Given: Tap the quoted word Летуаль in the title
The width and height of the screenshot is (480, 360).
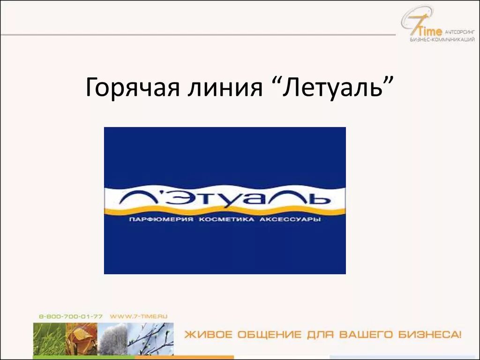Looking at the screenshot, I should (336, 88).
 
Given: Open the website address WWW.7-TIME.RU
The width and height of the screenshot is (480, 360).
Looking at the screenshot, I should (139, 317).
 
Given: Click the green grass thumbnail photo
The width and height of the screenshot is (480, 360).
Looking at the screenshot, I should (48, 339).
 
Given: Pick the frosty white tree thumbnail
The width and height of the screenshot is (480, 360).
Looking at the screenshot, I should (112, 339).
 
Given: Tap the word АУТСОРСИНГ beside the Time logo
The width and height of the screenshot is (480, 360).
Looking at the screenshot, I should (459, 31).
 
